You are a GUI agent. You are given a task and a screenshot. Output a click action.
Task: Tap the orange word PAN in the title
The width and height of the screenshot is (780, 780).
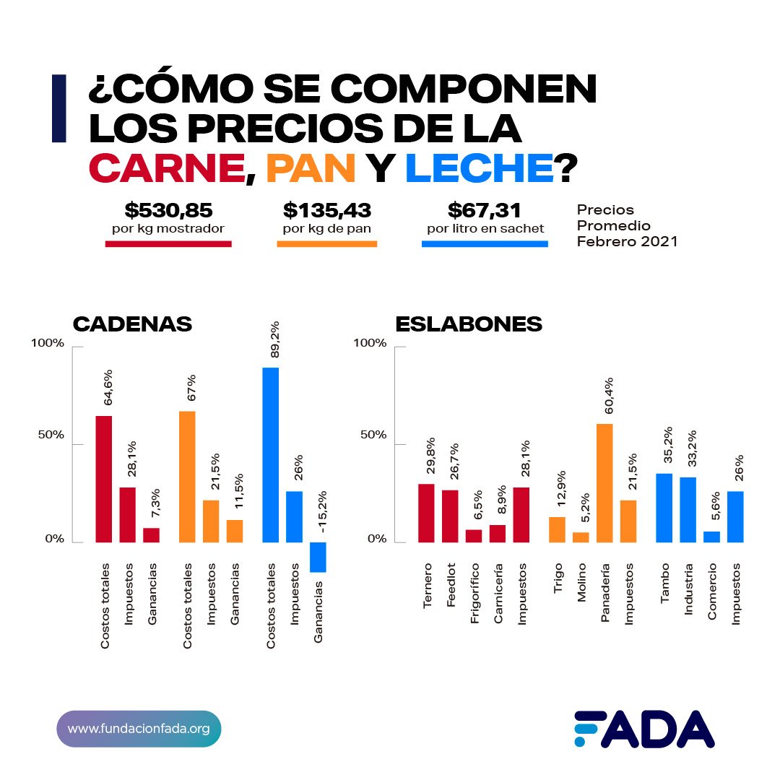point(311,168)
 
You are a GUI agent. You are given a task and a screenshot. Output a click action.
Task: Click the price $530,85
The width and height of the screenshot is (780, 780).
point(168,211)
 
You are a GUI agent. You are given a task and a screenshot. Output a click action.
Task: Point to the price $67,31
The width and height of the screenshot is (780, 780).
point(485,211)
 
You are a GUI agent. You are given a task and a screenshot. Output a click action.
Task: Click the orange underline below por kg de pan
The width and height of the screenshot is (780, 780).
point(327,244)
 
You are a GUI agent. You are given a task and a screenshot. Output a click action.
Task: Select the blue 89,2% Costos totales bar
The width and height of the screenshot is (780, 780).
point(271,455)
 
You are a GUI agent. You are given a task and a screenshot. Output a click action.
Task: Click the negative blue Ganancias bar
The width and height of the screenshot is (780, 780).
point(318,557)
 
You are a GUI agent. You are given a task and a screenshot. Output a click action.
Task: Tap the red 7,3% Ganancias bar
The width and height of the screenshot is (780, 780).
point(152,535)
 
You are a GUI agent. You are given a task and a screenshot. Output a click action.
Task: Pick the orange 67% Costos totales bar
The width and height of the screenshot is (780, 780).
point(187,477)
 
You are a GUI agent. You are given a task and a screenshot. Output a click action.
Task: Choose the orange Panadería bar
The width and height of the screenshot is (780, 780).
point(604,483)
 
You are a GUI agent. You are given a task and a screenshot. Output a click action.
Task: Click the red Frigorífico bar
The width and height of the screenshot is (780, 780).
point(474,536)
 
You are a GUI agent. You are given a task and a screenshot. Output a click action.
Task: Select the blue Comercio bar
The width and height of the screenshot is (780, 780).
point(711,537)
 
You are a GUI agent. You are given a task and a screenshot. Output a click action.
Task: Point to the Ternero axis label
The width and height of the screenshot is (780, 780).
point(427,585)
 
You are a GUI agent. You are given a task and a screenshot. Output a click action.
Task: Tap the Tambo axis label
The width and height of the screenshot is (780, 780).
point(664,581)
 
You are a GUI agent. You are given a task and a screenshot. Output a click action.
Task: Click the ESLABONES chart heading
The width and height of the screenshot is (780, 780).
point(469,324)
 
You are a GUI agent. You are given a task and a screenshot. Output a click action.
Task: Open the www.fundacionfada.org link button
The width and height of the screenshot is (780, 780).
point(139,728)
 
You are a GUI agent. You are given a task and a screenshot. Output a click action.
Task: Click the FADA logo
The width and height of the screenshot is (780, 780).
point(644,729)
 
